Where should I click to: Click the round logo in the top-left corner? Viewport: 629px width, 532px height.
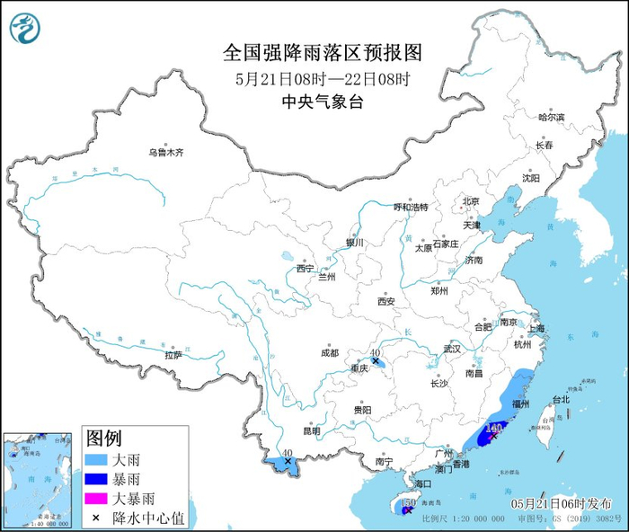pos(25,29)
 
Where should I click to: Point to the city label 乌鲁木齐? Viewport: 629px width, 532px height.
pos(166,153)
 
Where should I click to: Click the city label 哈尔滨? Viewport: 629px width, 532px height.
pos(551,118)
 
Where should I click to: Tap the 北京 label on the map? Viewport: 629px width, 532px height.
pos(471,201)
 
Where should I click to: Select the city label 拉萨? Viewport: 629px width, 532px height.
pos(173,355)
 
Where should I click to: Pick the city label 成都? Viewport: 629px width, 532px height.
pos(328,352)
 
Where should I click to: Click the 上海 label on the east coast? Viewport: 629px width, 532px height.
pos(538,329)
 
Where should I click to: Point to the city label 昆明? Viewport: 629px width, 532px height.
pos(311,431)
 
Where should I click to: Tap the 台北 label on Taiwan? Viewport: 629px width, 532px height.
pos(560,399)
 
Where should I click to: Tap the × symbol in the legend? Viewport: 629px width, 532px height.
pos(95,518)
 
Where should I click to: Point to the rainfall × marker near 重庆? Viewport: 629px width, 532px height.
pos(376,360)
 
